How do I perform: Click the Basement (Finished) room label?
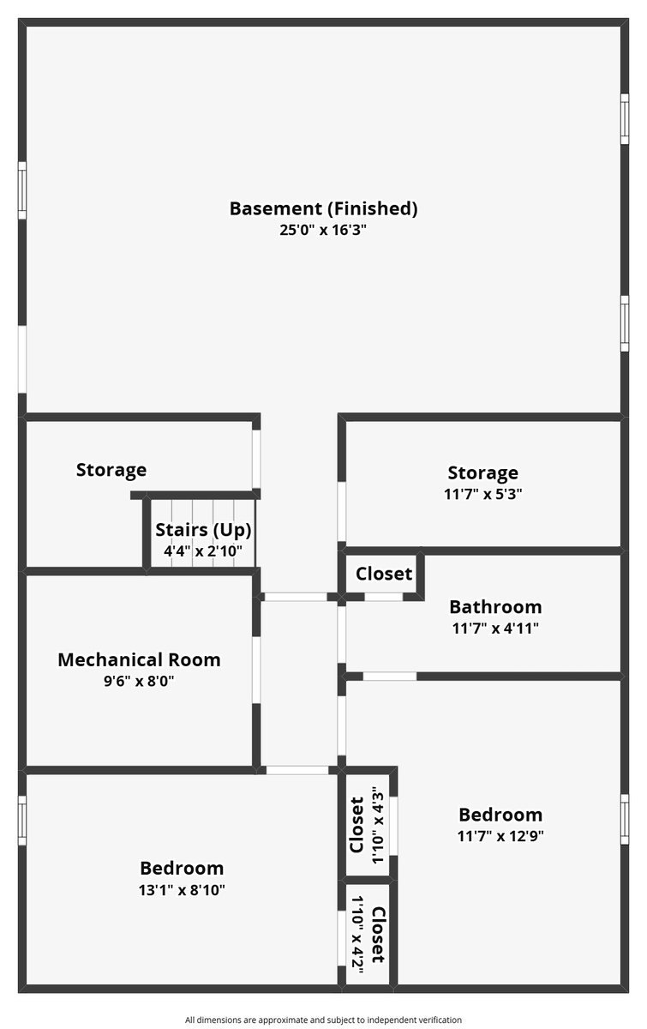coord(323,208)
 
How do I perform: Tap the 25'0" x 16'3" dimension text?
coord(323,230)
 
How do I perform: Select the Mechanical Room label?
coord(139,660)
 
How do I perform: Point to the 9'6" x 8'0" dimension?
coord(139,682)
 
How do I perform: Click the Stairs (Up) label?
coord(203,529)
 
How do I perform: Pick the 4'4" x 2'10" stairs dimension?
coord(203,551)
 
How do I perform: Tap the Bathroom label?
coord(495,607)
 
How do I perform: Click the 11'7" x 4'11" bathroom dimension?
coord(495,628)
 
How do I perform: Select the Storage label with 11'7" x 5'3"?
coord(482,472)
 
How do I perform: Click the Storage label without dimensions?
coord(111,470)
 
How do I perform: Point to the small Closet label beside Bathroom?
coord(384,574)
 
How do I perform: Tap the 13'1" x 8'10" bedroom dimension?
coord(182,890)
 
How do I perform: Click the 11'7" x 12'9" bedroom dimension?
coord(500,836)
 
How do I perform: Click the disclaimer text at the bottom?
coord(323,1020)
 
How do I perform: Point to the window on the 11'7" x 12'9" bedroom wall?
coord(625,820)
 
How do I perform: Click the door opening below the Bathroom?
coord(390,677)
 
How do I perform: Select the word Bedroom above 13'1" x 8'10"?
coord(182,869)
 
